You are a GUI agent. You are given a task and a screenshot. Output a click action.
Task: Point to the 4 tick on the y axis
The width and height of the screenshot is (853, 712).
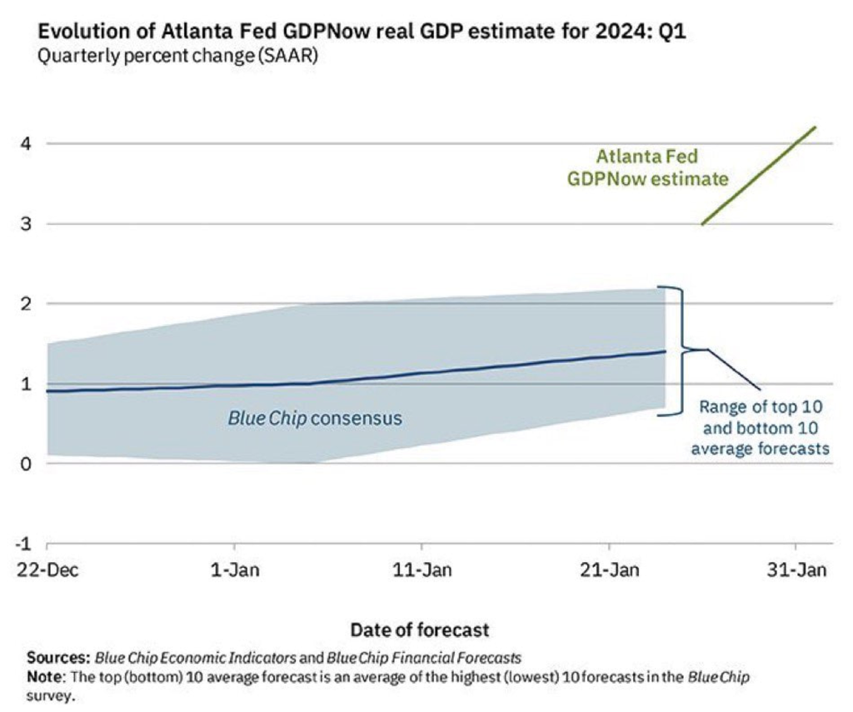[x=26, y=143]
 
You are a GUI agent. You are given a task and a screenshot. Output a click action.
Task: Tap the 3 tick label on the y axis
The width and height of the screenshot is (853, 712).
[x=26, y=223]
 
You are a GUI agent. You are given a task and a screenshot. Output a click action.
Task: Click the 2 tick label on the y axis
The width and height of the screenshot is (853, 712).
[x=26, y=303]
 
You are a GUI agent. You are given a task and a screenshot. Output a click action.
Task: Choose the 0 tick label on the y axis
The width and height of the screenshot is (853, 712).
[x=26, y=464]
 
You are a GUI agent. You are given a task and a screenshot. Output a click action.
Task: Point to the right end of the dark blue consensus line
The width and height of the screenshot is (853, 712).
[x=665, y=351]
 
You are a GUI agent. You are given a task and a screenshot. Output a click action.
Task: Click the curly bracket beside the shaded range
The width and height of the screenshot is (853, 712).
[x=679, y=349]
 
